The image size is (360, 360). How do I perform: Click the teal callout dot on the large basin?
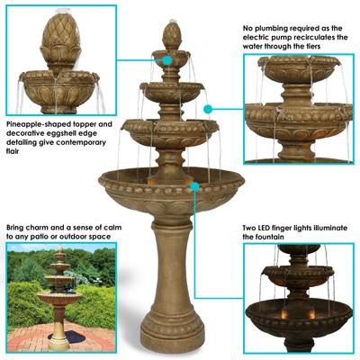pyautogui.click(x=194, y=185)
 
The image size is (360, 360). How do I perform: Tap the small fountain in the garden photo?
pyautogui.click(x=59, y=292)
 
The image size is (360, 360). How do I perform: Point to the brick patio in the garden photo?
pyautogui.click(x=36, y=337)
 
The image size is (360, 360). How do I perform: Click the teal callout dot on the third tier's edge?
pyautogui.click(x=208, y=109)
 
